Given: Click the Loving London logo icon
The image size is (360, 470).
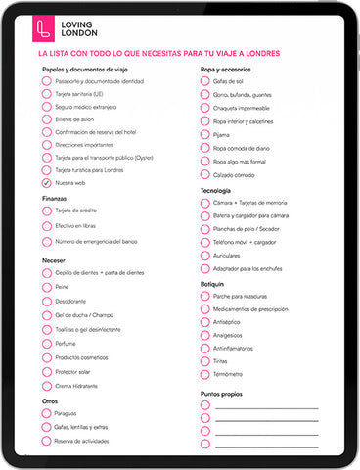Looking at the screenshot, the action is pyautogui.click(x=42, y=26).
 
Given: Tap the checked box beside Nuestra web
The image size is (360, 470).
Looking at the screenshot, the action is pyautogui.click(x=46, y=183).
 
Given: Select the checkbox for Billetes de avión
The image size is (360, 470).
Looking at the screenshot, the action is pyautogui.click(x=46, y=119).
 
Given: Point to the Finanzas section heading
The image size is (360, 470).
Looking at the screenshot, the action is pyautogui.click(x=55, y=198).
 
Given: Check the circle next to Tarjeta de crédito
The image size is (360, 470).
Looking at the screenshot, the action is pyautogui.click(x=46, y=211).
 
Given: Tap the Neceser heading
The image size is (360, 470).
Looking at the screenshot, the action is pyautogui.click(x=55, y=259).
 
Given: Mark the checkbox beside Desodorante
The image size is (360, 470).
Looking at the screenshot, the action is pyautogui.click(x=46, y=302).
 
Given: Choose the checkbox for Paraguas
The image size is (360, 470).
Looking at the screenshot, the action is pyautogui.click(x=46, y=413).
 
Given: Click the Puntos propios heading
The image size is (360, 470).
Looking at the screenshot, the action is pyautogui.click(x=224, y=394).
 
